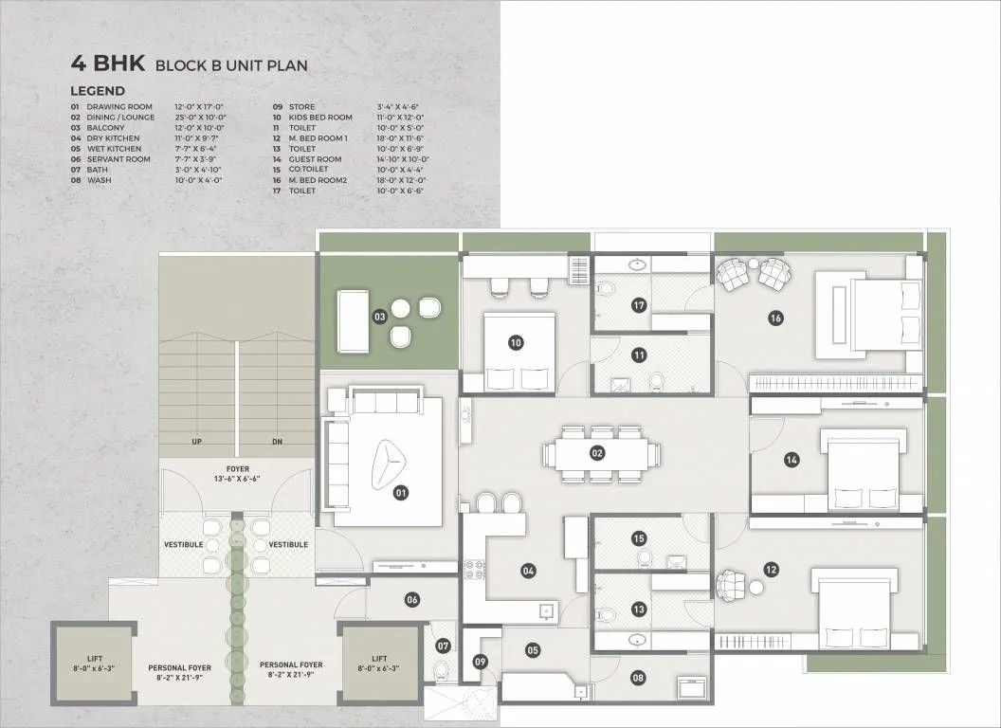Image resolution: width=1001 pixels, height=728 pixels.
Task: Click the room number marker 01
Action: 401,492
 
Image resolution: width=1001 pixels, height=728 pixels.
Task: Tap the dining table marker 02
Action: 597,453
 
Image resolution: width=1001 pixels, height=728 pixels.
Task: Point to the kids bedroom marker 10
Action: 516,343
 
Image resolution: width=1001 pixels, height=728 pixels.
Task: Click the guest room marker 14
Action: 792,460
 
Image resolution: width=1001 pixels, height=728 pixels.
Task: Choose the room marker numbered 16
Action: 775,318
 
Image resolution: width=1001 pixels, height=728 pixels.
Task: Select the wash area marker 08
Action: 637,677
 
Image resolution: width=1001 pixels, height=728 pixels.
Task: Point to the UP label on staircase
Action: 196,443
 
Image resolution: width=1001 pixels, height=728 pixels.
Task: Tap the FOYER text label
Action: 236,468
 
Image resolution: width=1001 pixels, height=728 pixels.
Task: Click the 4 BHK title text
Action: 107,64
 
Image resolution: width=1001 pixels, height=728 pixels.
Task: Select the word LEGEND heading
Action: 97,91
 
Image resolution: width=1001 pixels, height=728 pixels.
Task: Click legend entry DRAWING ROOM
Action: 119,107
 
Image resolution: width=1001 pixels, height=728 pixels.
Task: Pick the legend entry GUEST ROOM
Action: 316,159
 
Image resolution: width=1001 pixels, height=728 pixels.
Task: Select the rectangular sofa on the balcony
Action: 353,321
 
